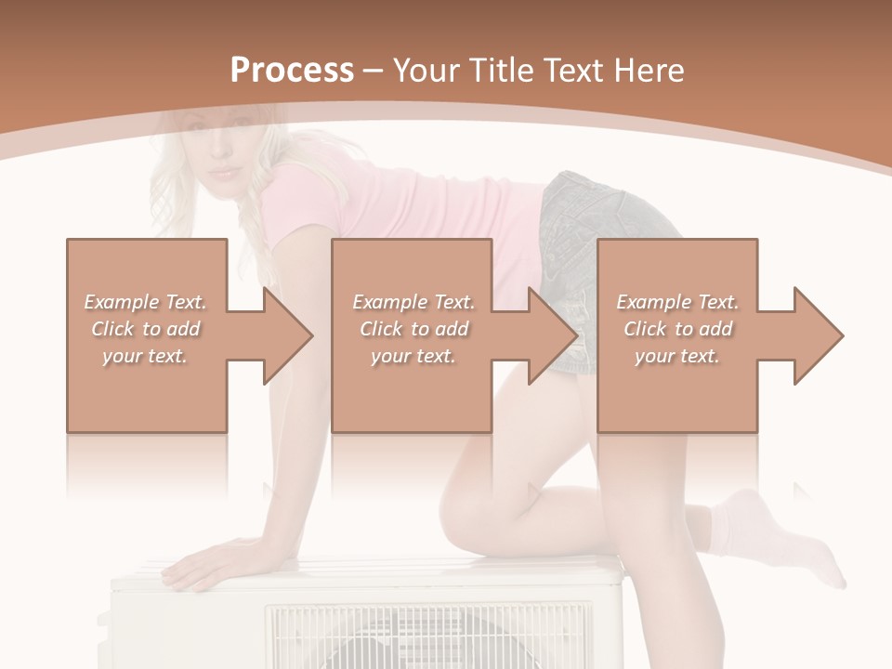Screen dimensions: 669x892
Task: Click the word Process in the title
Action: point(292,71)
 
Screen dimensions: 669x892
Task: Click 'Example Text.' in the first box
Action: point(145,302)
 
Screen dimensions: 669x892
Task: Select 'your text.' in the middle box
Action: point(413,356)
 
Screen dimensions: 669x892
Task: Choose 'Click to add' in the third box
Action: point(677,329)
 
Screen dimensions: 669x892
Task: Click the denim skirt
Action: point(604,223)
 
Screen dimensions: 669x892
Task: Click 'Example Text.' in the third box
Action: point(677,302)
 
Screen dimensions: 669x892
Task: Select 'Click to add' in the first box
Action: point(145,329)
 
